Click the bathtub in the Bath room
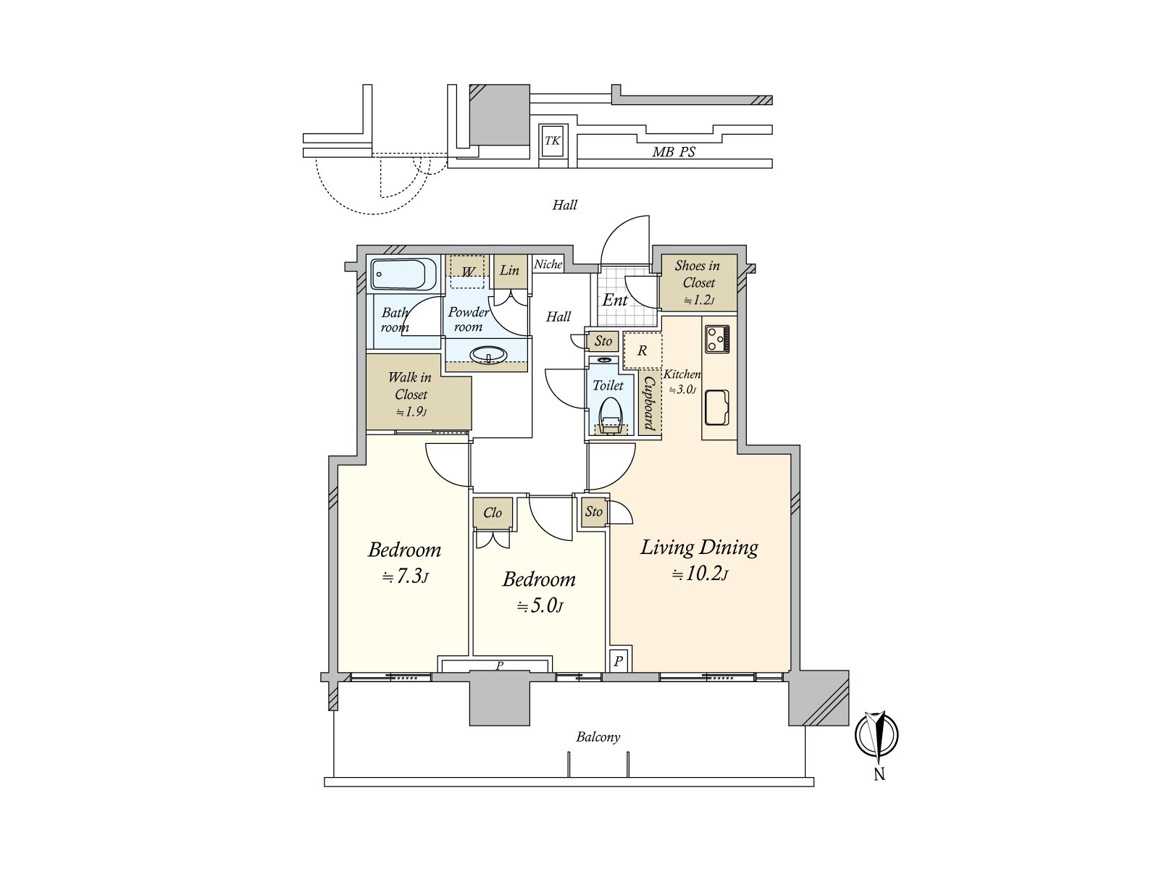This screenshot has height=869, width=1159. click(403, 274)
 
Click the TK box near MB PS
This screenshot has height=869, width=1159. click(553, 141)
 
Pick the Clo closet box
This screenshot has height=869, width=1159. click(493, 513)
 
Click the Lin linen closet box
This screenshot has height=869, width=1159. click(510, 271)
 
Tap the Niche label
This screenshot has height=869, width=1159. click(548, 264)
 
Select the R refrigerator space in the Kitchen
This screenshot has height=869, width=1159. click(642, 350)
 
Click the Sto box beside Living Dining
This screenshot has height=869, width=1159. click(594, 511)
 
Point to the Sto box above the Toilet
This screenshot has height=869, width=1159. click(603, 340)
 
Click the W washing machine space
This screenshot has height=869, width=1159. click(469, 272)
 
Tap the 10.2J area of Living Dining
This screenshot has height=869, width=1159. click(699, 575)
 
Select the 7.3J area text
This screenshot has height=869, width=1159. click(405, 576)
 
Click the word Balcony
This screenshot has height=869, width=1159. click(598, 737)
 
